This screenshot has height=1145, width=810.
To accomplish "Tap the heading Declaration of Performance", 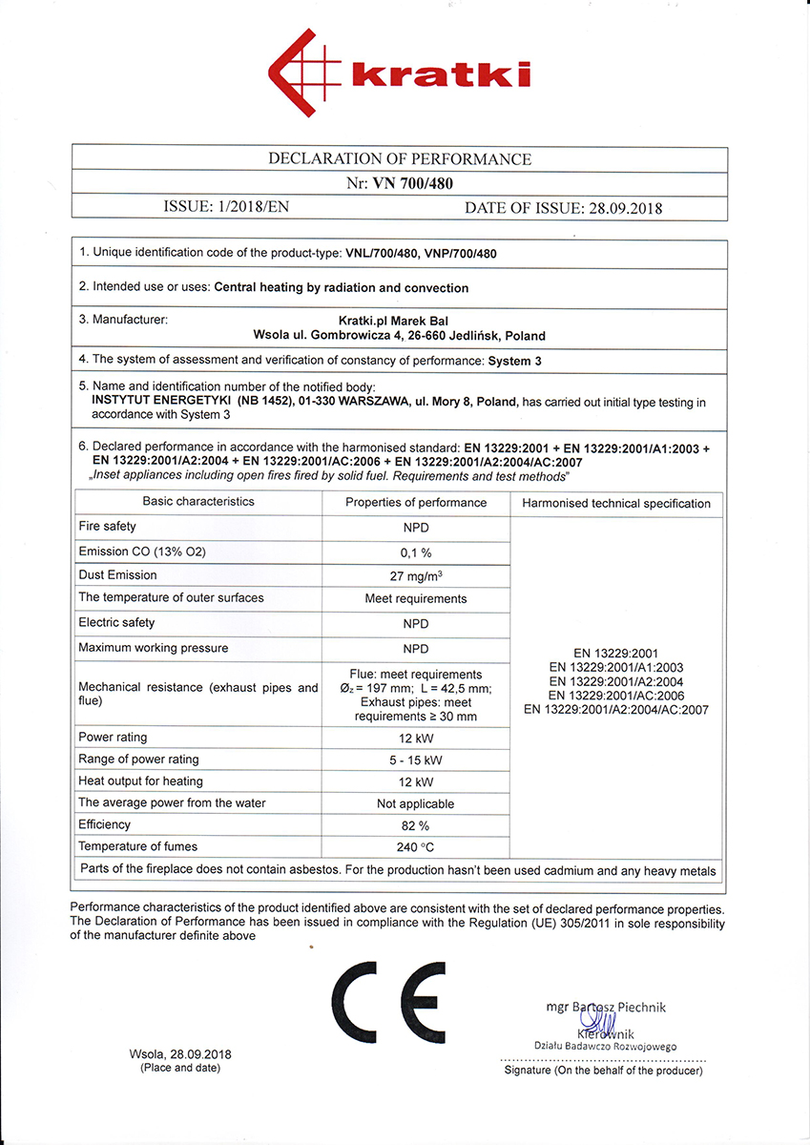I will (x=400, y=159).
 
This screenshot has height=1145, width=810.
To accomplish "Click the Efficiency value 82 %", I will (x=416, y=825).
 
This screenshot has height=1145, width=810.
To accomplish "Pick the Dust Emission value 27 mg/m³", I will (x=416, y=575).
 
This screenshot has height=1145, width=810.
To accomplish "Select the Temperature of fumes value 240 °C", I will (x=416, y=847).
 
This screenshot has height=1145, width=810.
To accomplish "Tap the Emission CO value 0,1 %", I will (x=416, y=552).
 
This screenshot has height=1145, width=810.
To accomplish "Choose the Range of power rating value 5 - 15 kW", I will (x=416, y=760).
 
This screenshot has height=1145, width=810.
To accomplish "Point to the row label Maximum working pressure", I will (x=154, y=648).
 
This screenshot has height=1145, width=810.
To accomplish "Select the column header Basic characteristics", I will (x=198, y=502).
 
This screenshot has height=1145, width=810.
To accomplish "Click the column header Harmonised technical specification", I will (x=616, y=503).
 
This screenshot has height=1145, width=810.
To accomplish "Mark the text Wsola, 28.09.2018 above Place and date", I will (x=180, y=1054).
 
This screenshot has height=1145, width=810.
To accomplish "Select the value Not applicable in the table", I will (x=416, y=803).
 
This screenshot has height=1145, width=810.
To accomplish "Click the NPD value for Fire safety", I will (x=416, y=527).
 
